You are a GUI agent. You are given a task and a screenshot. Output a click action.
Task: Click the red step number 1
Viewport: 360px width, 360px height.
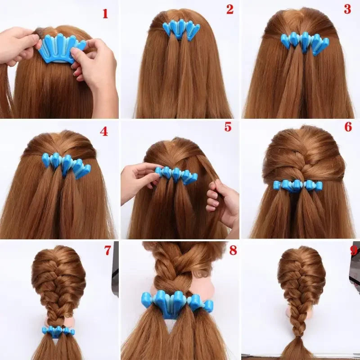[105, 13]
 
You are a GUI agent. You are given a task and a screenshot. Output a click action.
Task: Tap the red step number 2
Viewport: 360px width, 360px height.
[230, 9]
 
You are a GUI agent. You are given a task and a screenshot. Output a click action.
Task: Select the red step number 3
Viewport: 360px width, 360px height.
[347, 9]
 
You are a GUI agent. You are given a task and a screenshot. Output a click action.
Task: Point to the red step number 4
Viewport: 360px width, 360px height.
[104, 132]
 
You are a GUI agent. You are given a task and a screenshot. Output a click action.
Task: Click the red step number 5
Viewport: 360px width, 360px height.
[228, 127]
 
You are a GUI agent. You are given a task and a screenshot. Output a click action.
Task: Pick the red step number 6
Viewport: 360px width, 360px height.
[348, 127]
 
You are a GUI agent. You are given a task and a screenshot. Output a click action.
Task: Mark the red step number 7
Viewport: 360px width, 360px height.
[108, 251]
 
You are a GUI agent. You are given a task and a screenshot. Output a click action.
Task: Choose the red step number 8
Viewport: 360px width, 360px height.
[233, 251]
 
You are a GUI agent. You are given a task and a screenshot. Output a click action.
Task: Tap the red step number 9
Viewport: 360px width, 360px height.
[354, 251]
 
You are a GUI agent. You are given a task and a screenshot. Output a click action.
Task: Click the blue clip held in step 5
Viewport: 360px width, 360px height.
[177, 175]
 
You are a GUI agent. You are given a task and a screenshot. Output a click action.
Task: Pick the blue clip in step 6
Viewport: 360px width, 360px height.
[297, 185]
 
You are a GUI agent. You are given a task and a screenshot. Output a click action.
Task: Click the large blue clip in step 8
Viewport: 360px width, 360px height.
[176, 303]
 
